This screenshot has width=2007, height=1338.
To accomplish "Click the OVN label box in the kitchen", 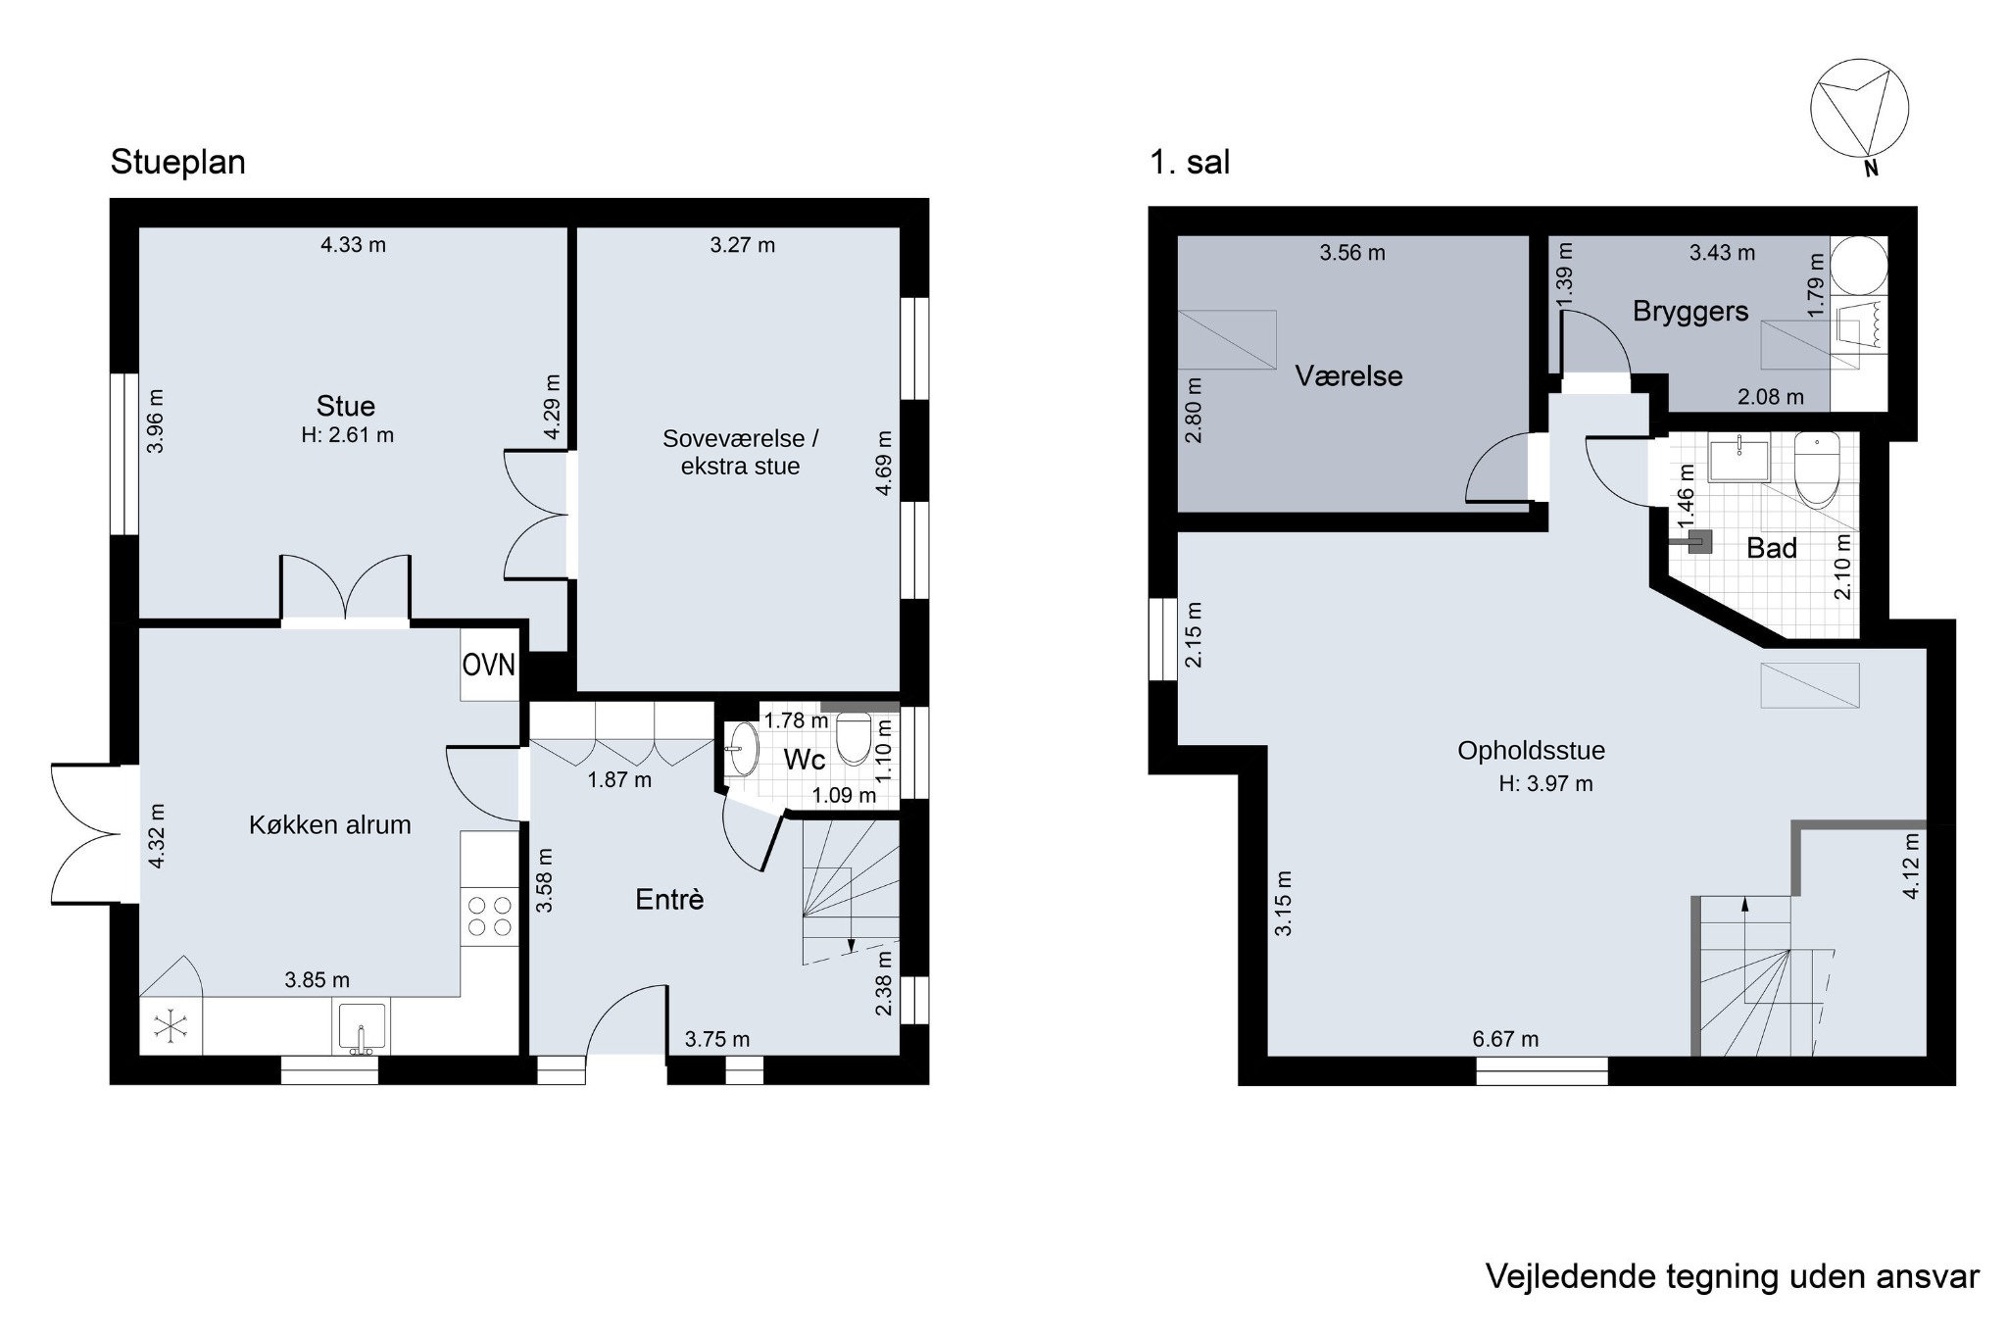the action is tap(489, 665).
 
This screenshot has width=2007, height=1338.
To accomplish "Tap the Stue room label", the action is tap(345, 406).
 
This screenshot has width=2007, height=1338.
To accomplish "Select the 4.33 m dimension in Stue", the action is tap(353, 245).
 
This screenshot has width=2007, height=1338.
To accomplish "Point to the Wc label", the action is tap(805, 760).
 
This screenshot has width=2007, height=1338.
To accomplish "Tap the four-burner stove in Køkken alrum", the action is tap(490, 916).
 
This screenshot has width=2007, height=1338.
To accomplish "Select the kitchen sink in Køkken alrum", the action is tap(362, 1027).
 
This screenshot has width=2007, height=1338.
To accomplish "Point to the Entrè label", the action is tap(669, 900).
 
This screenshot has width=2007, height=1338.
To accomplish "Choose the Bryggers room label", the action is tap(1690, 312).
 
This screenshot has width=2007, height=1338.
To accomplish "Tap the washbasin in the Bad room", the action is tap(1738, 461).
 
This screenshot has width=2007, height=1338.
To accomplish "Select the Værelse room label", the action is tap(1348, 375).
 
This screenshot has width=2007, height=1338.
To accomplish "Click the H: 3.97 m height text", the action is tap(1545, 783).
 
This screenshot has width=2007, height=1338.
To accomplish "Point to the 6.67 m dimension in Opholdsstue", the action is tap(1505, 1039).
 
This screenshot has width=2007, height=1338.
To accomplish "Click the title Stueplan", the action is tap(178, 162).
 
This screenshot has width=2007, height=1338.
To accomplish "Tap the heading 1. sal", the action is tap(1190, 162).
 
